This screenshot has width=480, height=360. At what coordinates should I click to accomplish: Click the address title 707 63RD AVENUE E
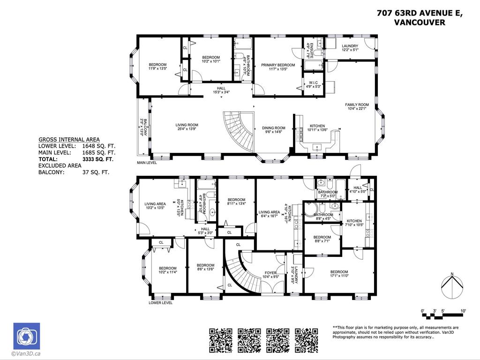point(420,13)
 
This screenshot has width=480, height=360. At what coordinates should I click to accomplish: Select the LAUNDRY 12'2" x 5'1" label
point(350,48)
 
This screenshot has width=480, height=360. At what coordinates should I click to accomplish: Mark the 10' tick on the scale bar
point(463,311)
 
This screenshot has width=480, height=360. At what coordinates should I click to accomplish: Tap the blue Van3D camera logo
point(26,336)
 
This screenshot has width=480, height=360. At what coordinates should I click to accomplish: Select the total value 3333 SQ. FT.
point(95,159)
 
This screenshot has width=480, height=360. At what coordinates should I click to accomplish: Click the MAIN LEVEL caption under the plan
point(147,163)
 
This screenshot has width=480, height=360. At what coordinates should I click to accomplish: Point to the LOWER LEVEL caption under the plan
point(160,303)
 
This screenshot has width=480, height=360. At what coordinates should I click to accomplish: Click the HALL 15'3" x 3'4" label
point(221,90)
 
